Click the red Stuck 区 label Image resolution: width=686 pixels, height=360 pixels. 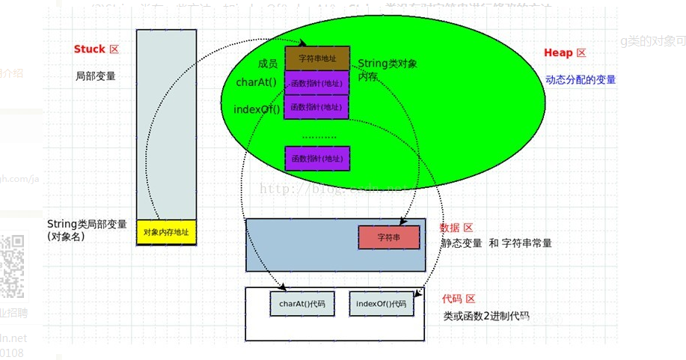coord(96,49)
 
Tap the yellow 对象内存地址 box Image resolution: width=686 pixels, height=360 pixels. coord(166,233)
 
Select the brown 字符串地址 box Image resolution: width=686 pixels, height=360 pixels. coord(316,58)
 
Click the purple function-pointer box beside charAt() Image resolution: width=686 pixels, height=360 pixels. coord(316,83)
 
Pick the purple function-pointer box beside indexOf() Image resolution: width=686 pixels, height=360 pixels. coord(316,107)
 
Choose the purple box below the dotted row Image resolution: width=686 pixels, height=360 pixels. coord(316,158)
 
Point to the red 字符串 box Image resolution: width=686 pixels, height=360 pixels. coord(388,237)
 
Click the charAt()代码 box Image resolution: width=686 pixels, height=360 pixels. coord(301,304)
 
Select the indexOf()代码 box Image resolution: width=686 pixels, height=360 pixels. coord(381,304)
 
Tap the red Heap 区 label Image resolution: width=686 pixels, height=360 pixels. coord(565,53)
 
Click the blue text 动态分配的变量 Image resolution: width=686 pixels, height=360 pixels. coord(581,79)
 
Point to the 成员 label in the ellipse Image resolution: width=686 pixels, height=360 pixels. coord(268,64)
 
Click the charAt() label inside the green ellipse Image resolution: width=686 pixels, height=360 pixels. coord(256,82)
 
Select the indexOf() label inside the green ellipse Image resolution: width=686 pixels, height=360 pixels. coord(257,109)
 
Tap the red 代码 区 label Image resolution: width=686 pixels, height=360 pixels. coord(459,299)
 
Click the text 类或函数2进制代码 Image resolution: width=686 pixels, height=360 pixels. coord(486,316)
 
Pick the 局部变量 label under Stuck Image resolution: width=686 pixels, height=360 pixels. coord(95,76)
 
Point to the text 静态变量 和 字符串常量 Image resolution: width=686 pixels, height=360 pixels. coord(496,243)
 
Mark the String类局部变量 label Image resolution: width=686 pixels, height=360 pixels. coord(87,224)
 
